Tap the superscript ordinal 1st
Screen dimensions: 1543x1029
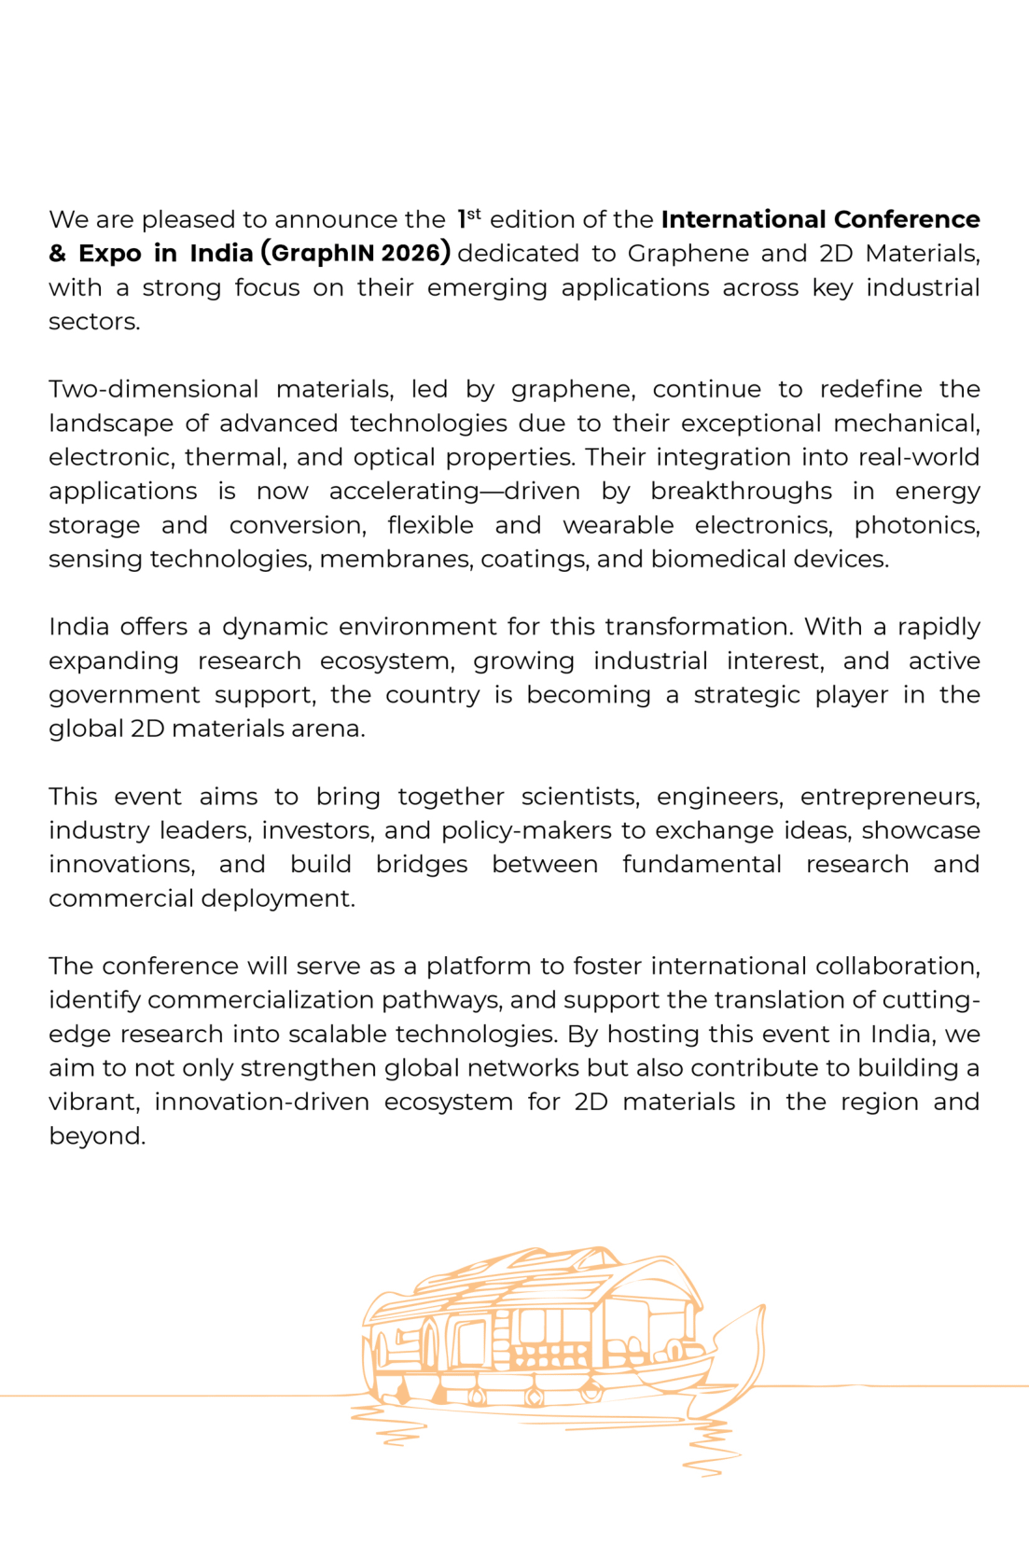pos(468,218)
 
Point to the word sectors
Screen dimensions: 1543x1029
pos(93,322)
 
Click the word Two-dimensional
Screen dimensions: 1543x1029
pos(153,389)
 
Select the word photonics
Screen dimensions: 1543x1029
pos(916,525)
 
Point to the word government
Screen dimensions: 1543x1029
pos(124,695)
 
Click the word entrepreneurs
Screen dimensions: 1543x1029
pos(889,797)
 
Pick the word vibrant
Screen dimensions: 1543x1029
pos(93,1102)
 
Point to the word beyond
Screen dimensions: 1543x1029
pos(96,1136)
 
